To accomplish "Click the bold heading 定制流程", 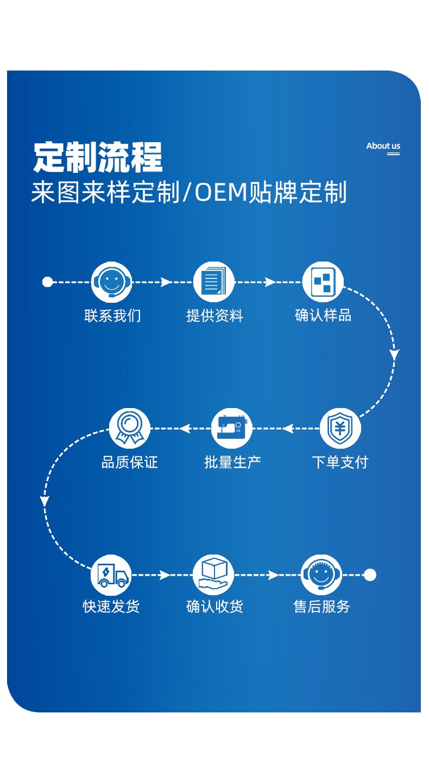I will [x=98, y=157].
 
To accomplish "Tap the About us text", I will [x=383, y=146].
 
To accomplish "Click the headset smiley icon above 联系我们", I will [x=111, y=282].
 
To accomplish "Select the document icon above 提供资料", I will [x=213, y=282].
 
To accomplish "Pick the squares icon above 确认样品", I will [x=323, y=282].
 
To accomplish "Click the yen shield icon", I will [x=340, y=429].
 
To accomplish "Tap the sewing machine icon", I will [x=232, y=428].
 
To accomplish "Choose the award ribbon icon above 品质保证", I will [x=129, y=428].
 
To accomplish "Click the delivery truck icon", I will [x=111, y=575].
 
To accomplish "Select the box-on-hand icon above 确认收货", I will [x=213, y=575].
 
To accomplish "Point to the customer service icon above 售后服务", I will [x=321, y=575].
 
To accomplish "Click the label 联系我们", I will [x=112, y=316].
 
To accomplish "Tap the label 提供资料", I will [x=214, y=316].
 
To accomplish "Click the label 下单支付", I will [x=340, y=462].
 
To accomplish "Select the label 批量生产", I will [x=232, y=462].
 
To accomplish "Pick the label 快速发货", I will [x=111, y=607].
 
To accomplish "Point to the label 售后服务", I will [x=322, y=607].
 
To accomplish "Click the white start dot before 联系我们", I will [x=47, y=282].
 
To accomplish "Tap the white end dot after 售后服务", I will [x=370, y=575].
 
